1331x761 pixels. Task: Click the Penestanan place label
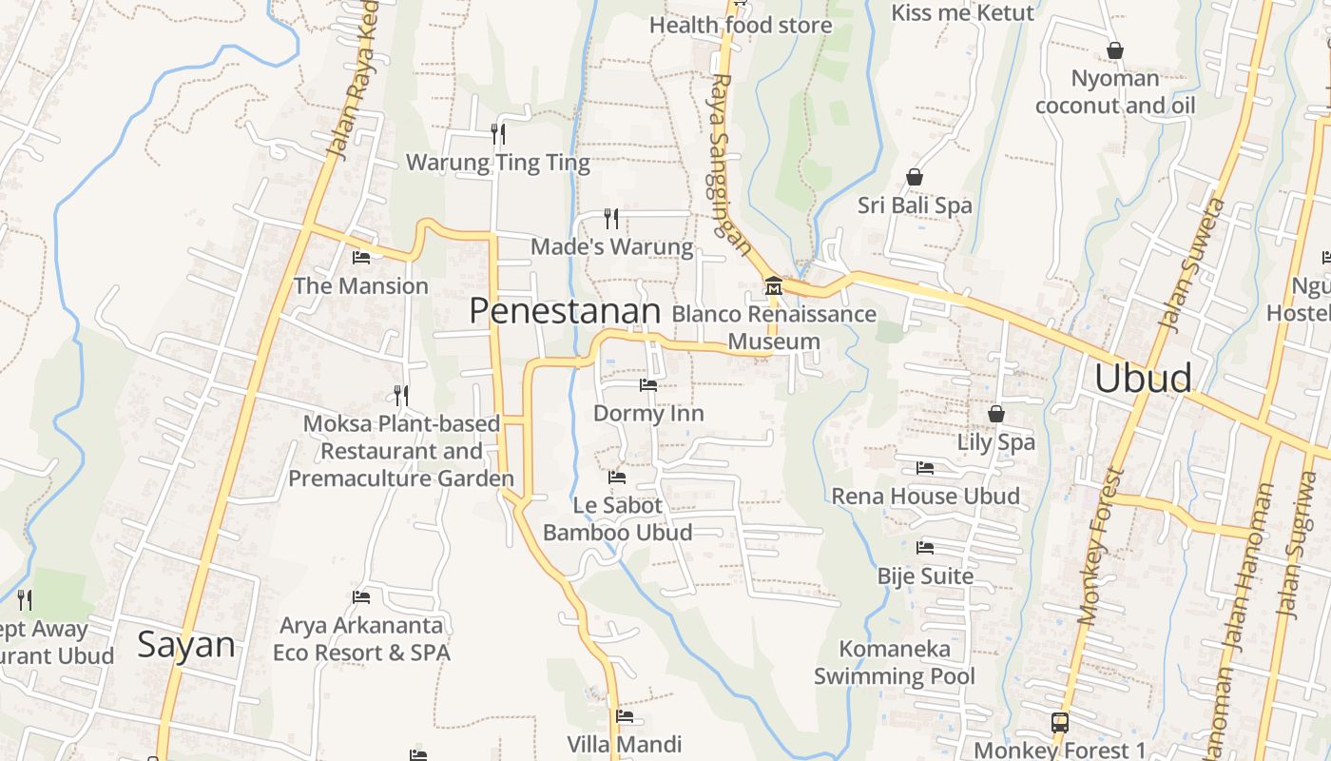click(565, 311)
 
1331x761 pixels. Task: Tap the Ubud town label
click(1143, 378)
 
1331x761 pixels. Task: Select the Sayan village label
click(186, 645)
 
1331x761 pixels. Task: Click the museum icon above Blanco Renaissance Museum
click(773, 285)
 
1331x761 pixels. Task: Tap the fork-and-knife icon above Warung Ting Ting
click(497, 133)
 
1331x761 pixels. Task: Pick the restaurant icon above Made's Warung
click(611, 219)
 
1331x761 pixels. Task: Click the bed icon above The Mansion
click(361, 257)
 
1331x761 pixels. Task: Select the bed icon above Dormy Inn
click(648, 385)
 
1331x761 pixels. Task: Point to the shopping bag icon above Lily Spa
click(996, 414)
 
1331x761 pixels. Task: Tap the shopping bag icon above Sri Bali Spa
click(915, 177)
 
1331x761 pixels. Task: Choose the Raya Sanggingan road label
click(729, 166)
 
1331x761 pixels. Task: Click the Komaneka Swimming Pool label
click(895, 663)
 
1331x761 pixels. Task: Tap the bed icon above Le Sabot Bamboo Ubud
click(617, 477)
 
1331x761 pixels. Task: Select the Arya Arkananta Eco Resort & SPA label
click(361, 639)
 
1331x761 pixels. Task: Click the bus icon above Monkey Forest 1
click(1060, 722)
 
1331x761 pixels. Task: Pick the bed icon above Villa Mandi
click(625, 716)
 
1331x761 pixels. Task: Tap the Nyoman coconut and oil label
click(1115, 91)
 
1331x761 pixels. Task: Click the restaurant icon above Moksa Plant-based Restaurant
click(401, 395)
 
